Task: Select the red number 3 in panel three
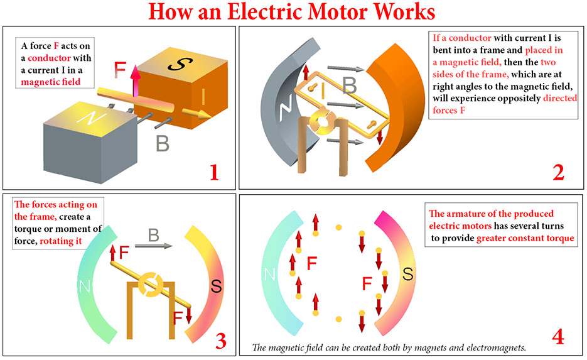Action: (220, 339)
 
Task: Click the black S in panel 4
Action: (407, 275)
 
